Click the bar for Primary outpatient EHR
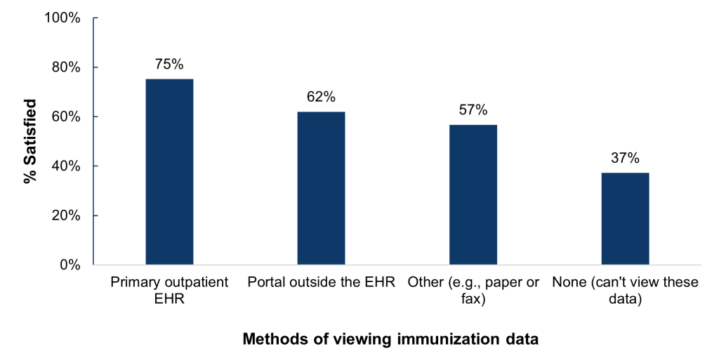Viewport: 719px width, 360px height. pos(169,172)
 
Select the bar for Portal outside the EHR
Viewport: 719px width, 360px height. pos(321,188)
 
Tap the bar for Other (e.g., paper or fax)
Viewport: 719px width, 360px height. pos(473,194)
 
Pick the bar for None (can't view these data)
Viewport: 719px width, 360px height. pos(625,218)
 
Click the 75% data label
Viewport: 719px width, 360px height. pos(169,65)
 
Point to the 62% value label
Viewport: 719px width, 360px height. pos(321,97)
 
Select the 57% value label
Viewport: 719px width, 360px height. pos(473,110)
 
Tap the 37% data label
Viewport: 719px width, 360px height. pos(625,159)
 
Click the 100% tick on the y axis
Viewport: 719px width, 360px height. pos(63,18)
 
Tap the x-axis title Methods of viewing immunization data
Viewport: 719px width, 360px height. pos(390,340)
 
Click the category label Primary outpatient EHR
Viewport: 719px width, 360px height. pos(169,290)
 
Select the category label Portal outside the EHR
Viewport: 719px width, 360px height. pos(321,283)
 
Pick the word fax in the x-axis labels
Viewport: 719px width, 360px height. pos(473,298)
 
